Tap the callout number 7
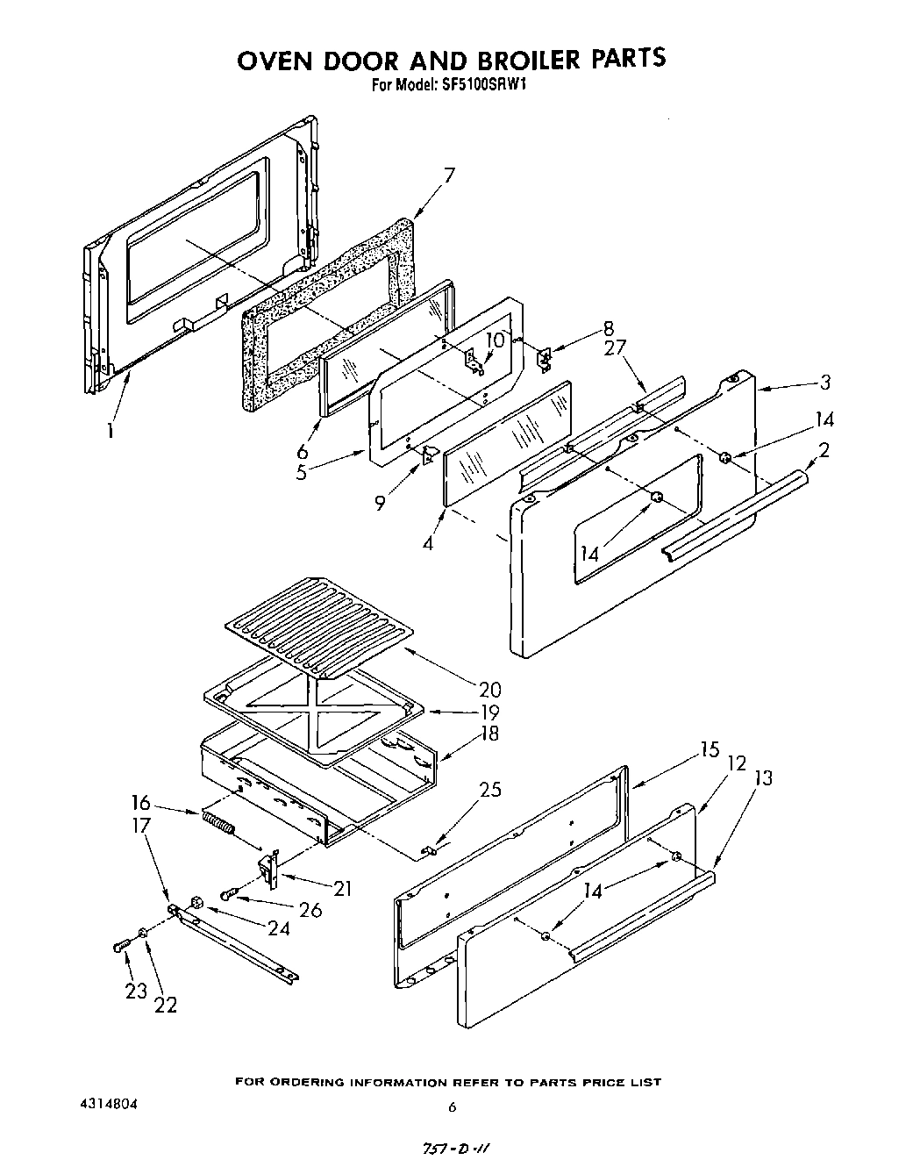pyautogui.click(x=449, y=175)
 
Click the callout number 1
pyautogui.click(x=111, y=431)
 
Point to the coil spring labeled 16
pyautogui.click(x=219, y=825)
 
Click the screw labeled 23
pyautogui.click(x=121, y=946)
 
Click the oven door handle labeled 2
pyautogui.click(x=737, y=513)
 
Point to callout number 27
pyautogui.click(x=615, y=347)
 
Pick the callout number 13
pyautogui.click(x=763, y=777)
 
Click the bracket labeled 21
pyautogui.click(x=268, y=869)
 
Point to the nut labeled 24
pyautogui.click(x=197, y=902)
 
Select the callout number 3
pyautogui.click(x=824, y=383)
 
